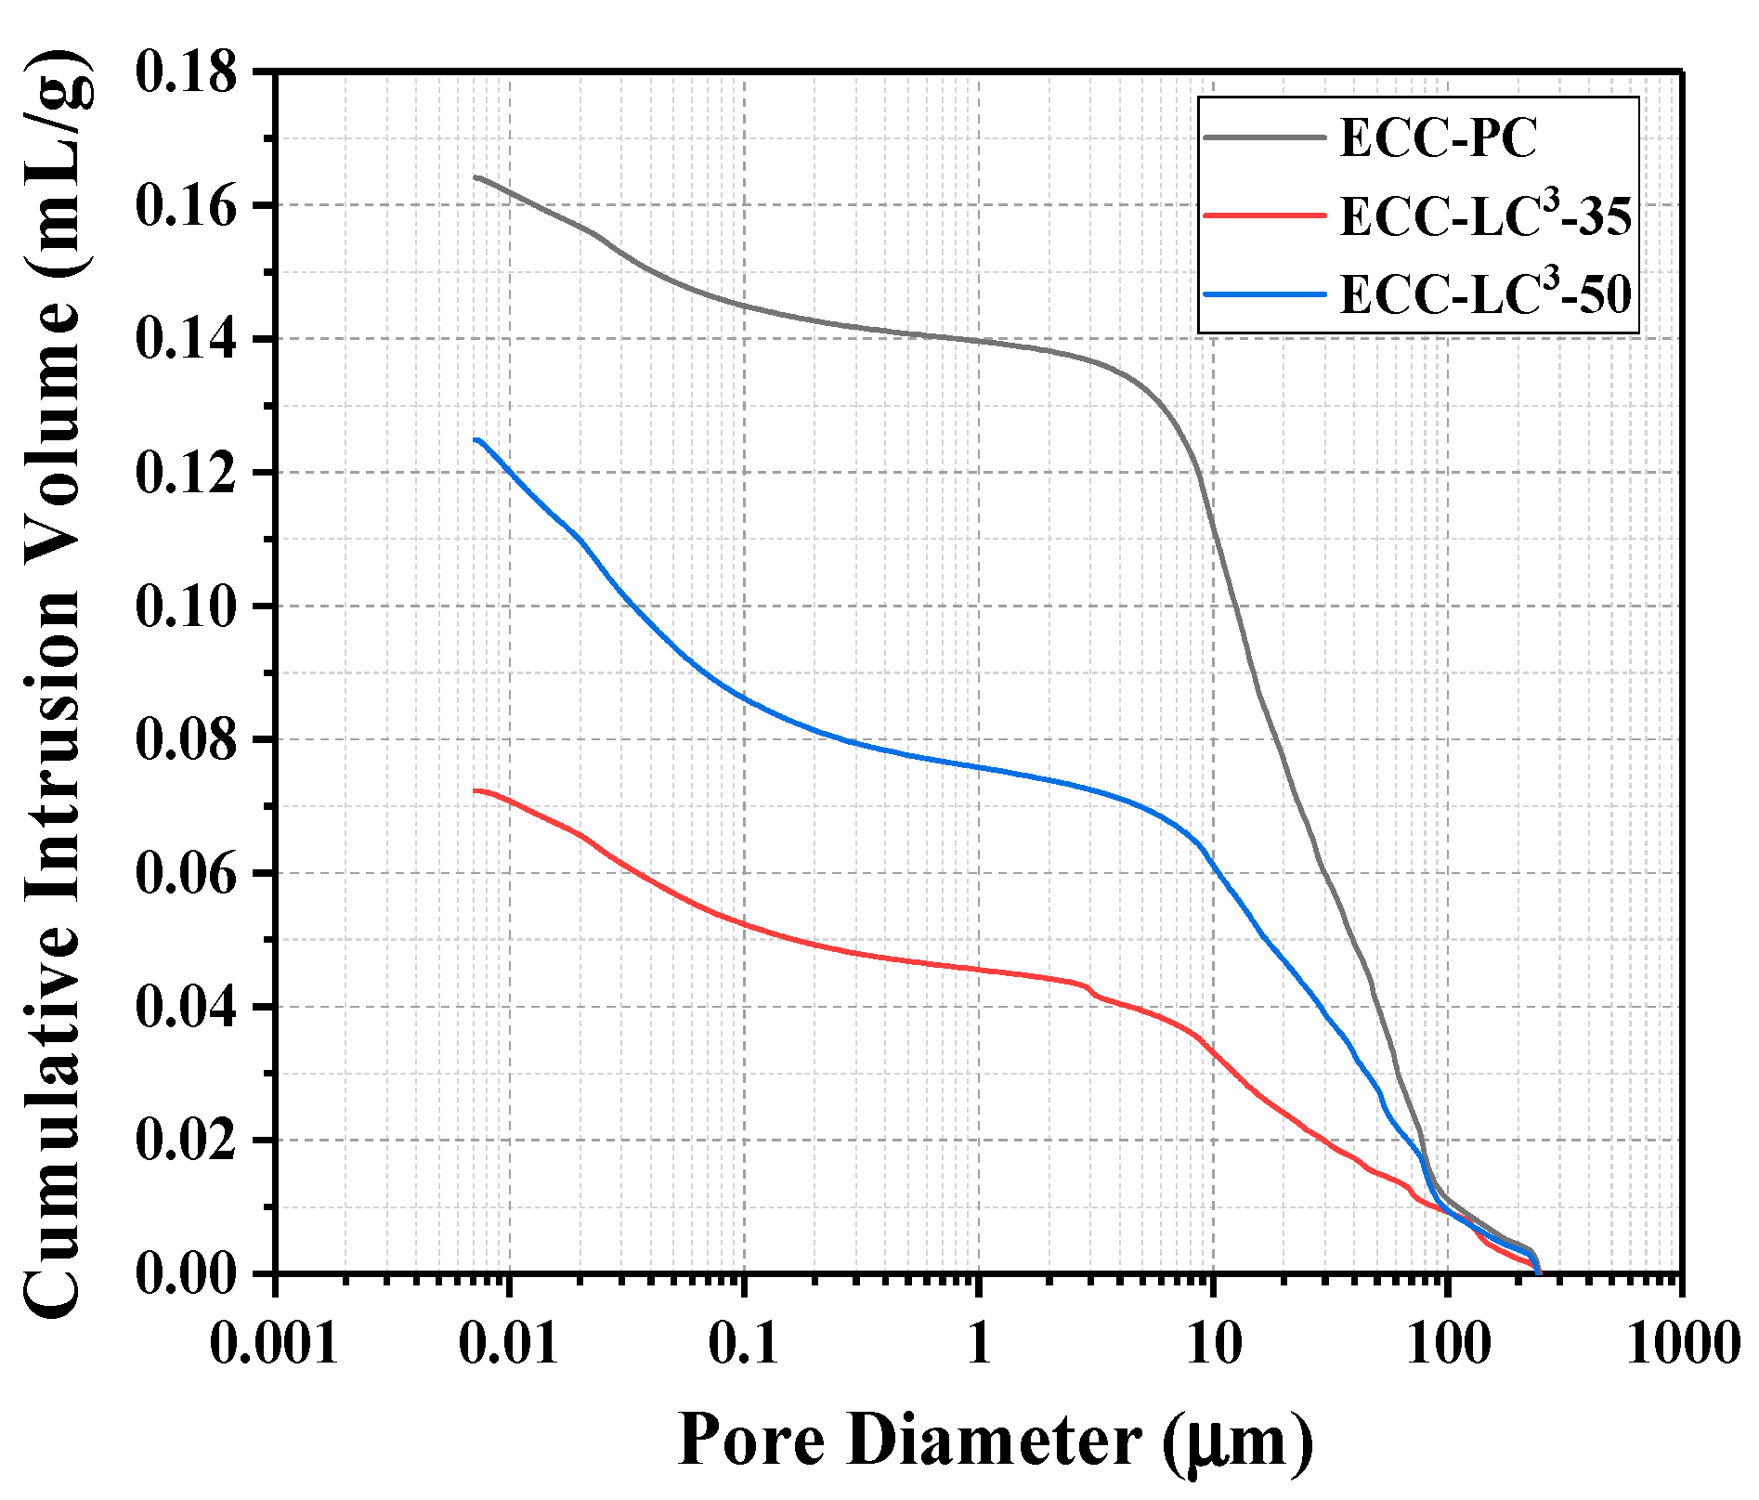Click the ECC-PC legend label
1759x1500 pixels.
(x=1439, y=138)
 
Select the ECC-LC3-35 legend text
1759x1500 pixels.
(x=1485, y=217)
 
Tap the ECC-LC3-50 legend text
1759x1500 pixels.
(x=1485, y=294)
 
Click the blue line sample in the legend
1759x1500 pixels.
(x=1264, y=294)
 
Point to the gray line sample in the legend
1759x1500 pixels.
(x=1264, y=137)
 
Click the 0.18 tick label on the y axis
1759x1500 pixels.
(x=187, y=72)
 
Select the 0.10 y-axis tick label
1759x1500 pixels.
(x=187, y=607)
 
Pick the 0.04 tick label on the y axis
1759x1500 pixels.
(x=187, y=1008)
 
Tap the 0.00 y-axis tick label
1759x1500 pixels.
(x=187, y=1274)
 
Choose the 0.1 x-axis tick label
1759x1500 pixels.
(x=743, y=1343)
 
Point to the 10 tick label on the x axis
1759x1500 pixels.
(x=1213, y=1343)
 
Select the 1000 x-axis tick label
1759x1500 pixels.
(x=1681, y=1343)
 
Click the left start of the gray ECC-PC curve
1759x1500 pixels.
(x=476, y=176)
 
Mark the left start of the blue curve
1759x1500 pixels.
(x=476, y=440)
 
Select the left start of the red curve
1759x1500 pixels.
(x=476, y=791)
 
